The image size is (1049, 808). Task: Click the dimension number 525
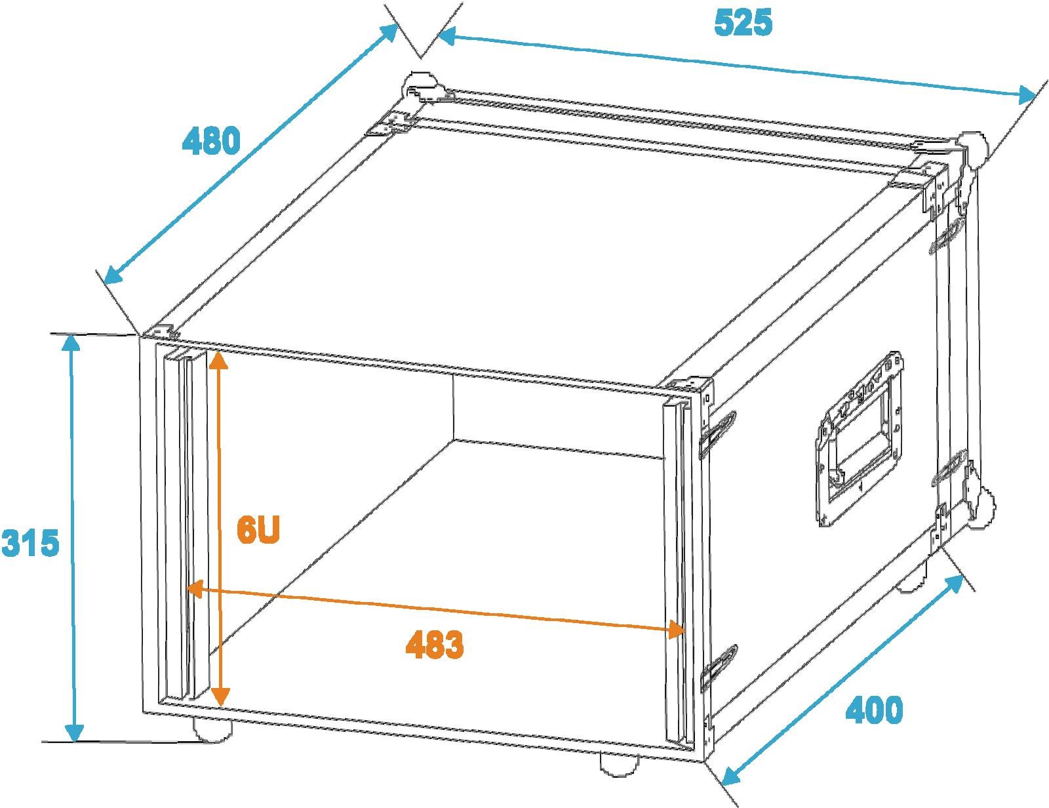point(743,23)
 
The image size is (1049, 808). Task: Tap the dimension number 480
point(210,140)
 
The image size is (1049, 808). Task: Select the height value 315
point(30,542)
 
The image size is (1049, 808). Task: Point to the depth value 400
point(874,710)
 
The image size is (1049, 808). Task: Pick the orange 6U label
point(258,531)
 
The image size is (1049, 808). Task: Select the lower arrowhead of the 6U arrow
point(220,695)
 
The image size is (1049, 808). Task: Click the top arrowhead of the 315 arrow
point(71,345)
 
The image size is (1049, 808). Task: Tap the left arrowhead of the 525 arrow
point(446,36)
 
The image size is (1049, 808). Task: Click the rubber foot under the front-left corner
point(212,729)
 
